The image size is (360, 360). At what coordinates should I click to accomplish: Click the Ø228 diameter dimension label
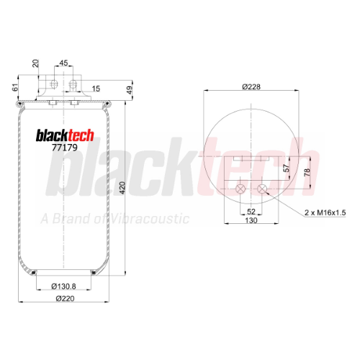point(251,86)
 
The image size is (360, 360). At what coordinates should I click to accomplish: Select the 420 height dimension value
point(122,188)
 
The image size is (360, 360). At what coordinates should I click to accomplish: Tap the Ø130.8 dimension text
point(63,287)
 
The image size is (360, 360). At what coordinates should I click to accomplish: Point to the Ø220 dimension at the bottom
point(65,299)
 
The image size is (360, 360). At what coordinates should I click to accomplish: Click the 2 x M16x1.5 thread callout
point(325,212)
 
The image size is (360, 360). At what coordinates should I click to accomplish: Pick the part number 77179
point(65,148)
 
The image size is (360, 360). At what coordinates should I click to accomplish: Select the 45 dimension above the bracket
point(63,63)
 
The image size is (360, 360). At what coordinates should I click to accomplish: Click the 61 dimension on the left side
point(15,87)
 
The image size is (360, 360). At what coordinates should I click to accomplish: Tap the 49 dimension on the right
point(130,90)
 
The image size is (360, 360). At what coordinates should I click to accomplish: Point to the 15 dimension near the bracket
point(96,89)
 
